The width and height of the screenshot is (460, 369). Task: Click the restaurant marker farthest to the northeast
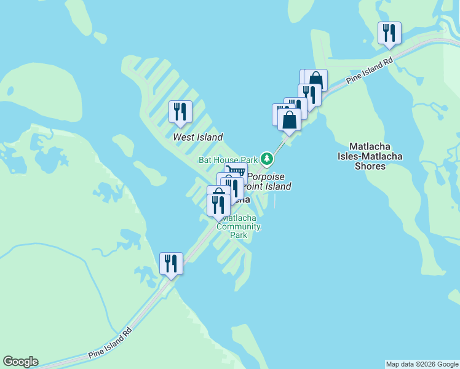tap(389, 33)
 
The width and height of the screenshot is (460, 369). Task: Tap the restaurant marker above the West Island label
tap(180, 111)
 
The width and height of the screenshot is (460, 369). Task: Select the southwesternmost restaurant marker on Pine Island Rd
tap(171, 263)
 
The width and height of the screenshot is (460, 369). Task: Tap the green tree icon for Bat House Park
tap(266, 159)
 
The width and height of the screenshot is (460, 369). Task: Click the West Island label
tap(197, 137)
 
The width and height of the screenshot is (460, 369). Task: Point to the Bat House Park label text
tap(228, 160)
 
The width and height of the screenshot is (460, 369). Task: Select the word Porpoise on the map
tap(266, 177)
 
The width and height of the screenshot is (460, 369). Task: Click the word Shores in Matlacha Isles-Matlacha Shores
tap(370, 166)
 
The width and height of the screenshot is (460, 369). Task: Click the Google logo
tap(20, 362)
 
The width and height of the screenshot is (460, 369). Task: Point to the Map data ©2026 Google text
tap(422, 364)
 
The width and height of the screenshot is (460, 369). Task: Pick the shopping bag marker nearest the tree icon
tap(289, 120)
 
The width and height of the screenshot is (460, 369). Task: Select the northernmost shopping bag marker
tap(315, 80)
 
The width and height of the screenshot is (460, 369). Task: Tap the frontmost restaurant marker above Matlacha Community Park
tap(218, 204)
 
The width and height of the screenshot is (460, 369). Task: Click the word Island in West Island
tap(210, 137)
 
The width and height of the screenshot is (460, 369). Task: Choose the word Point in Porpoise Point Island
tap(255, 186)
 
